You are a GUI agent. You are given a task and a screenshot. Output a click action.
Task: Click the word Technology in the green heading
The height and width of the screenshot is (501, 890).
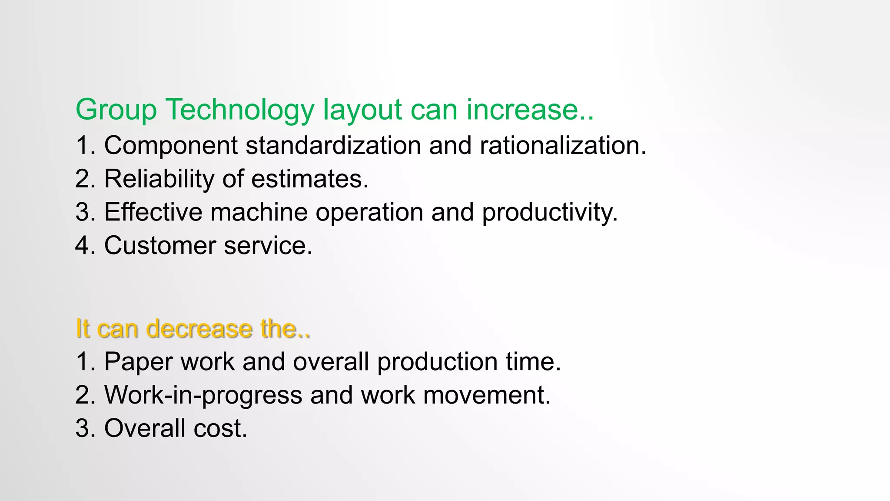[239, 110]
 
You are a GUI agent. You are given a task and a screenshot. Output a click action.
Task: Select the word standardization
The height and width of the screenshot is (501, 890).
[333, 145]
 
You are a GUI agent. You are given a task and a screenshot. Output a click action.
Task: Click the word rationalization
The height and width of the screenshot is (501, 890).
[563, 145]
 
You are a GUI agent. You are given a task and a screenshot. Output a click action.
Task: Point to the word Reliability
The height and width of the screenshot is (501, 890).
[159, 179]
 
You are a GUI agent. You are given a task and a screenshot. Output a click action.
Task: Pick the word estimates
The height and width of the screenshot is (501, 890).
[309, 179]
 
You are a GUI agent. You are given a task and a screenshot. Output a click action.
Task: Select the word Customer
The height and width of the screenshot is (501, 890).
[160, 246]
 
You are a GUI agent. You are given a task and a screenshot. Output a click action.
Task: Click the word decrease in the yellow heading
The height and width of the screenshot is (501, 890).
[199, 328]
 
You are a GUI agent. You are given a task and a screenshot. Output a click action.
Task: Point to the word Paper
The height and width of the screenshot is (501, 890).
[138, 362]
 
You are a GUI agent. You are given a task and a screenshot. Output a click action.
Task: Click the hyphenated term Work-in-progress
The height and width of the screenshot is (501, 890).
[203, 395]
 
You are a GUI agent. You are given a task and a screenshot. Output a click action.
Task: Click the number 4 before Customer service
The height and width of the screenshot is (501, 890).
[82, 246]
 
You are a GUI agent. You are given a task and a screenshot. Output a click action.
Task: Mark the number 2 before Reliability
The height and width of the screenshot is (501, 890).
[82, 179]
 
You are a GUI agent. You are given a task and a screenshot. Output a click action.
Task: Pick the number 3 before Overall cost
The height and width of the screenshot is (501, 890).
[82, 428]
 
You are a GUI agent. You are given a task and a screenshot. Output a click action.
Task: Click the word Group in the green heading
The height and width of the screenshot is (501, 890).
[116, 110]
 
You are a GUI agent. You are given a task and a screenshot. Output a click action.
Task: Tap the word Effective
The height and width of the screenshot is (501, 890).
[153, 212]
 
